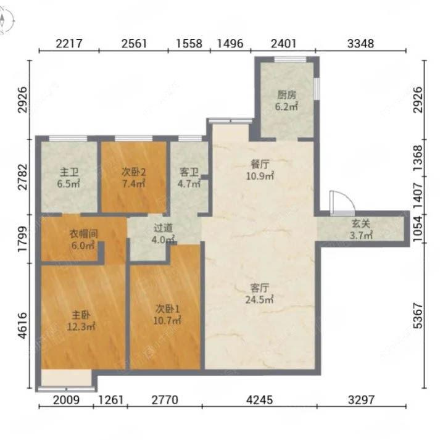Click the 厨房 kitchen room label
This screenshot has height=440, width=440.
coord(286,95)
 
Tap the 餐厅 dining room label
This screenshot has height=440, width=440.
coord(260,164)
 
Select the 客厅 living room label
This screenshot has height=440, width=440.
coord(260,288)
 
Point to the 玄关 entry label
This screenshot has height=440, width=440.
coord(361,223)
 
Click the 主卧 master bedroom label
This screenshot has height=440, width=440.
coord(81,315)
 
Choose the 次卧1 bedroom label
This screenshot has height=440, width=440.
coord(167,309)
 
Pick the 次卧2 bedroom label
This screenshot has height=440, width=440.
coord(133,172)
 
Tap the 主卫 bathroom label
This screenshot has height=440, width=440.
coord(69,172)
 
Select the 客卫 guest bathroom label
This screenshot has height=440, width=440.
coord(189,172)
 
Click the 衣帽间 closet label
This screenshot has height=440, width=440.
coord(84,233)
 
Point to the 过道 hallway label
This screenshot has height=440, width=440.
coord(163,228)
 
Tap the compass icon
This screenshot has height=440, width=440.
coord(6,21)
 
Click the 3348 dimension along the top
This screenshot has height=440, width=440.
coord(360,43)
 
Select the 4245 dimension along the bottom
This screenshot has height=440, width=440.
coord(260,400)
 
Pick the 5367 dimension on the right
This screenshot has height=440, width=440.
coord(418,315)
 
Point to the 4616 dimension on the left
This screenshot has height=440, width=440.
coord(22,325)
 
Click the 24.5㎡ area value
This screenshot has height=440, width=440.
coord(260,300)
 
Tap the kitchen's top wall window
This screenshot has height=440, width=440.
coord(290,59)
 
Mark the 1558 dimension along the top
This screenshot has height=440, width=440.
coord(189,43)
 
